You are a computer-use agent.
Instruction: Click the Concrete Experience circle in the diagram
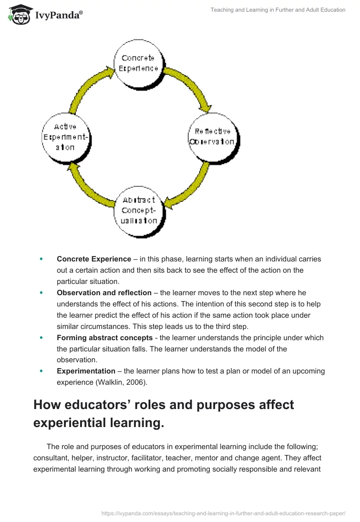138,63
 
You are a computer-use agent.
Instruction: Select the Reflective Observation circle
212,137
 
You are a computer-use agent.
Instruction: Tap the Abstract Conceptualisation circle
139,210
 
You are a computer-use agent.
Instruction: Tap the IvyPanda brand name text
58,16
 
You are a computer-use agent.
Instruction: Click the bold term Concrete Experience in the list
94,259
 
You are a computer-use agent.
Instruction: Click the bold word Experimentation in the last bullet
86,372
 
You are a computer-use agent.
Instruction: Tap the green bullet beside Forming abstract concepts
41,338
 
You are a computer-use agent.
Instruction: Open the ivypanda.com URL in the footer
224,513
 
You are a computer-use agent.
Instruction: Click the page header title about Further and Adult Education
278,10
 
